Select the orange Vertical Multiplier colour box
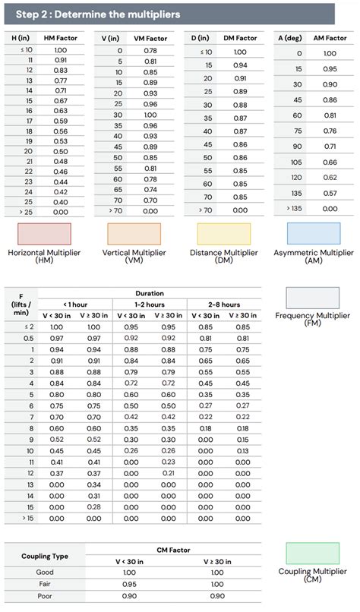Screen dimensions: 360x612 134,233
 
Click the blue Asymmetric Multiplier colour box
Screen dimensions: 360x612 313,233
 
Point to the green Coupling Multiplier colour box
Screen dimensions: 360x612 313,553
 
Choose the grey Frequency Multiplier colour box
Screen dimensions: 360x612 313,298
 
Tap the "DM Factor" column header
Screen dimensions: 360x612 240,37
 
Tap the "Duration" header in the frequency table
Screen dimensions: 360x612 149,292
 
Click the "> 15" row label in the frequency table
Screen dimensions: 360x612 29,519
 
